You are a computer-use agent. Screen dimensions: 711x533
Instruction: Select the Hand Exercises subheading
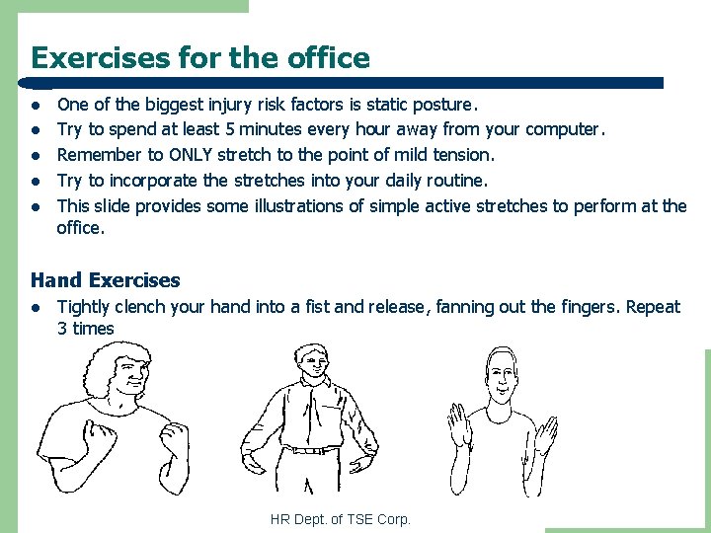(x=106, y=280)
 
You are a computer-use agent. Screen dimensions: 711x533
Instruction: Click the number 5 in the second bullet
(x=230, y=129)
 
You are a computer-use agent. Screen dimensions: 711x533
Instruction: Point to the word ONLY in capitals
(x=191, y=155)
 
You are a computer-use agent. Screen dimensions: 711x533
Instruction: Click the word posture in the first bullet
(x=442, y=106)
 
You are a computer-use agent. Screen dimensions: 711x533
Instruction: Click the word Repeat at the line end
(x=653, y=308)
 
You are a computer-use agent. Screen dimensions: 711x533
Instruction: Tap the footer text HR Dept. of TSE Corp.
(x=341, y=519)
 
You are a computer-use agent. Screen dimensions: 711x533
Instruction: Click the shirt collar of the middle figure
(x=314, y=381)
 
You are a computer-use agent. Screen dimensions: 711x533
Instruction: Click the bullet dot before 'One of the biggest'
(x=36, y=106)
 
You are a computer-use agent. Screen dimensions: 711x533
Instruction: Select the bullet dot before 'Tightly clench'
(x=36, y=308)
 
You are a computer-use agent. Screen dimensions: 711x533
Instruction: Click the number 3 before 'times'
(x=62, y=328)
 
